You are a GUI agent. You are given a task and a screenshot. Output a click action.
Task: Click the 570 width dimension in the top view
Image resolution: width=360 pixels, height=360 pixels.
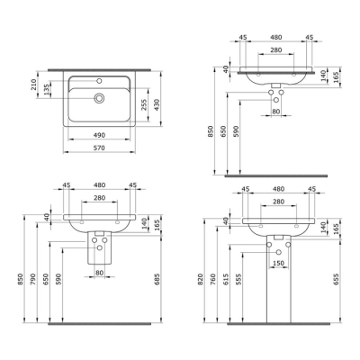point(99,148)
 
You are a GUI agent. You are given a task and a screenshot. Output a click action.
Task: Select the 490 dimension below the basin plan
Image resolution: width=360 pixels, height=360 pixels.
point(99,136)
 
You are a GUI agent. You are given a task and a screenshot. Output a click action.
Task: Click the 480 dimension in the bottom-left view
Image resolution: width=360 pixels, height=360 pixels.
point(99,185)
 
